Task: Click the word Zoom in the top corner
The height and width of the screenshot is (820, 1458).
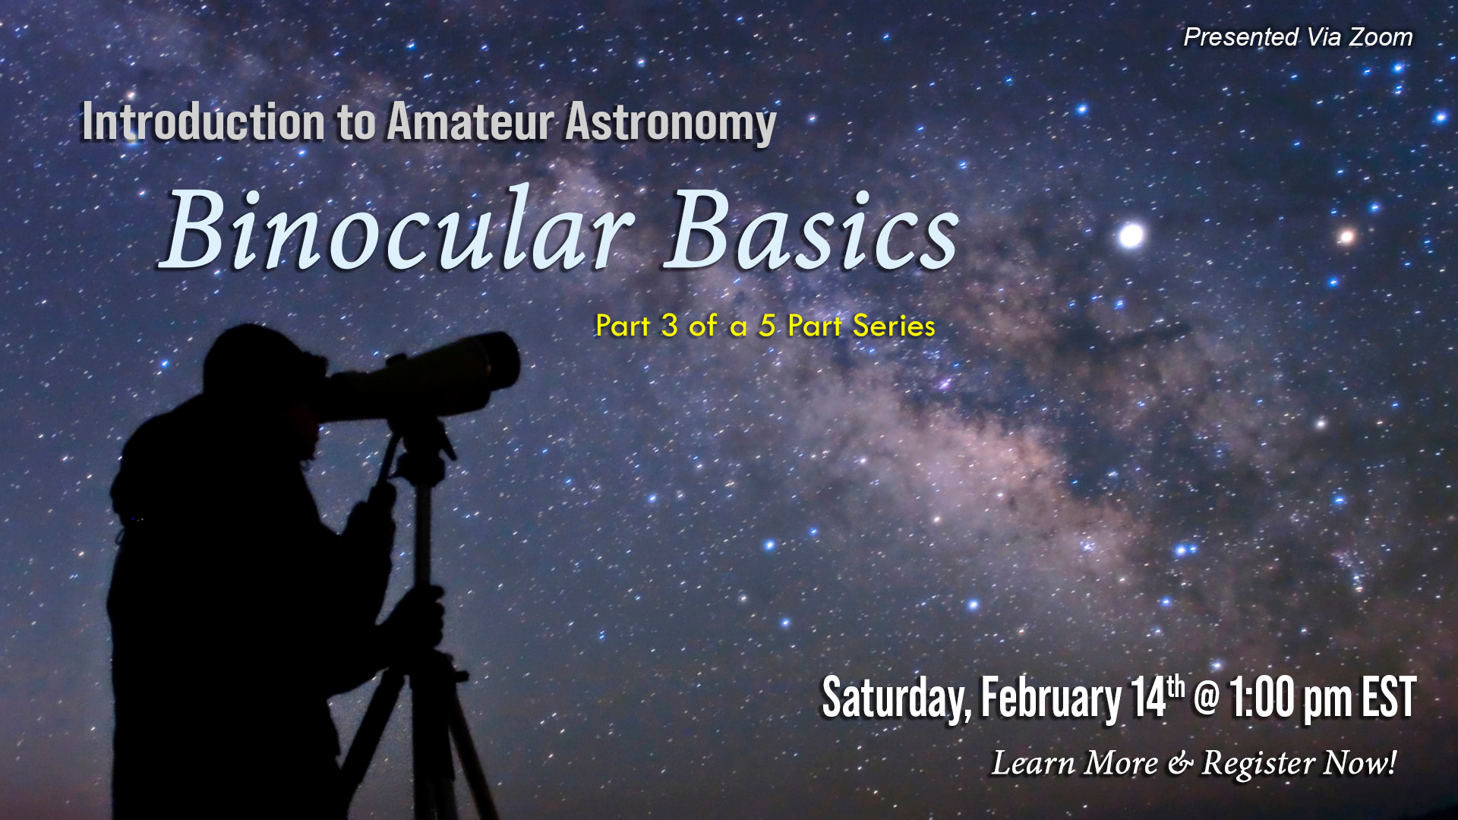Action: click(1381, 36)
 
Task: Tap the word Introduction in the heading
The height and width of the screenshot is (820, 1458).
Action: click(204, 121)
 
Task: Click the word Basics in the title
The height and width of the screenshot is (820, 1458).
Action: click(812, 229)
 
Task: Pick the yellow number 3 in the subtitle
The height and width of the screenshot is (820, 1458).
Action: click(669, 326)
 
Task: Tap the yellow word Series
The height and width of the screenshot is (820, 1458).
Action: click(894, 326)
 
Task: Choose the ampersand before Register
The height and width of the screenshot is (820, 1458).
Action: click(1180, 764)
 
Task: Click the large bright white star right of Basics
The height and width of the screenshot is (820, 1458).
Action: click(1131, 235)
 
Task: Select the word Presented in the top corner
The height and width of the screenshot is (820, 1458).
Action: click(1241, 36)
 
